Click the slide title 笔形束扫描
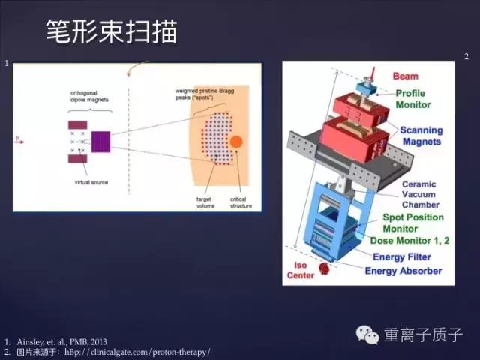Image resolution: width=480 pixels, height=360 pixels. point(112,31)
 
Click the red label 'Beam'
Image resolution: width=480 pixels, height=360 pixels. point(405,76)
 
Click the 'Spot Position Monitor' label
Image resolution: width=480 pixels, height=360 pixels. point(413,223)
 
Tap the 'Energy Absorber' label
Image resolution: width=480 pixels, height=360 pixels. point(403,270)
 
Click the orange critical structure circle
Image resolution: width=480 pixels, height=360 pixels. point(235,142)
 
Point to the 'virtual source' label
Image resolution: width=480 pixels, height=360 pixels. point(92,182)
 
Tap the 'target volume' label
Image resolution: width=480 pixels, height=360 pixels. point(197,202)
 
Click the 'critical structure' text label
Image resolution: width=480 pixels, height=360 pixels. point(240,202)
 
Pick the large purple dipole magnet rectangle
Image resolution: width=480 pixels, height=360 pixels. point(100,142)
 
